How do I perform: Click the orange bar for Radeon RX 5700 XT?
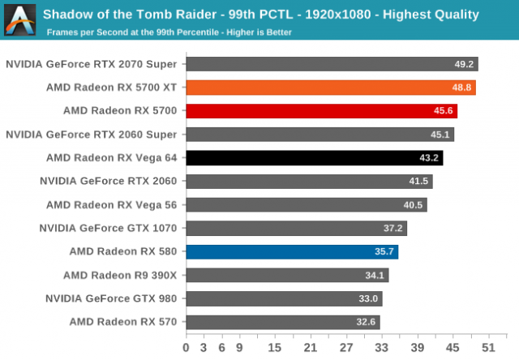pos(331,87)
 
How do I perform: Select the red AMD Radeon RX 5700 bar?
pos(322,110)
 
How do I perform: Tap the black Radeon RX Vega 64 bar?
pos(315,157)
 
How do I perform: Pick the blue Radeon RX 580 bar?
pos(292,251)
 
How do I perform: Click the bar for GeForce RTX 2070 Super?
pos(332,63)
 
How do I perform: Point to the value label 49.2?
pos(465,64)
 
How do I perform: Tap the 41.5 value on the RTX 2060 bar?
pos(419,182)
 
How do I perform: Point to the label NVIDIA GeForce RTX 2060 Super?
pos(92,135)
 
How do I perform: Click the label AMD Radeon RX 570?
pos(124,323)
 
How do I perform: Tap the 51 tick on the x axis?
pos(488,348)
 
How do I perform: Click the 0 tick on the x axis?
pos(187,348)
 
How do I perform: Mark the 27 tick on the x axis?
pos(346,348)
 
